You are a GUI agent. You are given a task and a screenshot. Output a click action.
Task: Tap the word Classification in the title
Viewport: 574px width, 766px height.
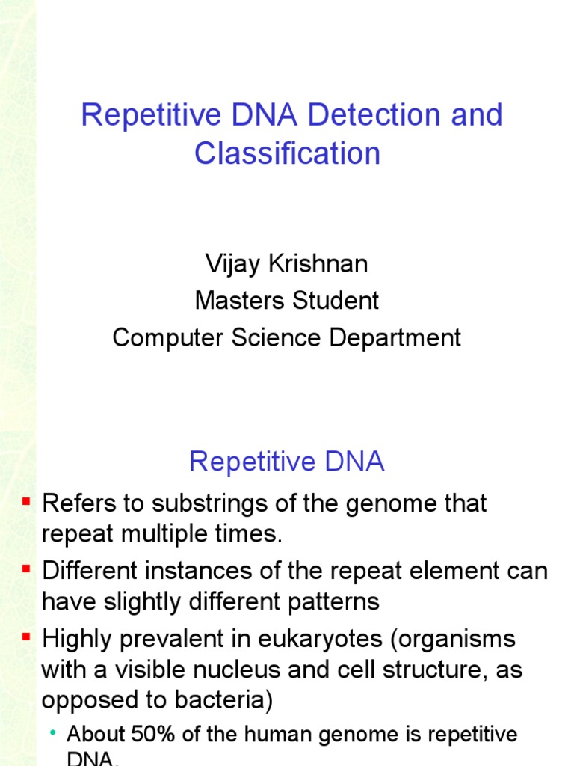[x=287, y=153]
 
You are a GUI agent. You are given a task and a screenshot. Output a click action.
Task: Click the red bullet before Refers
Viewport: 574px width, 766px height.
[x=27, y=501]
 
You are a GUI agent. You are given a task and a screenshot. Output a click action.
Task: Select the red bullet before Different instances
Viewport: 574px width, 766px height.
[x=27, y=569]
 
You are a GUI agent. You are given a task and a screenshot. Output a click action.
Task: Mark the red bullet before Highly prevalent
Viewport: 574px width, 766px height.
[x=27, y=637]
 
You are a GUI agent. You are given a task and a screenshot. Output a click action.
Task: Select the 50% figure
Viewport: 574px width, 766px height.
[x=156, y=735]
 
